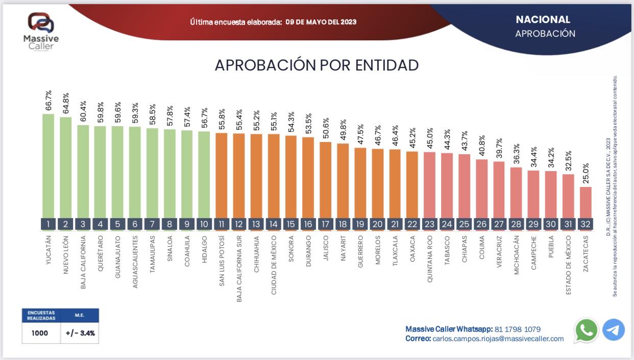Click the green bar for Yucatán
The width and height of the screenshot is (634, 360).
coord(48,166)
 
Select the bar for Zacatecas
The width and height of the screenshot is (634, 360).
coord(586,202)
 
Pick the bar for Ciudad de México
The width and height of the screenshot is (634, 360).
coord(274,176)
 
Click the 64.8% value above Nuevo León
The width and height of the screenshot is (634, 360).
coord(66,104)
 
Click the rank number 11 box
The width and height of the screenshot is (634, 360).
coord(222,224)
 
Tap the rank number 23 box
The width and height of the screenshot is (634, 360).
coord(430,224)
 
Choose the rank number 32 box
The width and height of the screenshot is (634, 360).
coord(586,224)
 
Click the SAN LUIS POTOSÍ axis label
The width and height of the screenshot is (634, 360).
coord(222,260)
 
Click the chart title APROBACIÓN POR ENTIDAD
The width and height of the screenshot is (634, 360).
coord(316,65)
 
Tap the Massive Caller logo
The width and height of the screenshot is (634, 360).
coord(41,31)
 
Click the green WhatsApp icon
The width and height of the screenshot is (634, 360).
coord(587,330)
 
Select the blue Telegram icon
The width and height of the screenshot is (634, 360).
coord(614,330)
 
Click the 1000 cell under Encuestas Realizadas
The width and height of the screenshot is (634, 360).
coord(39,333)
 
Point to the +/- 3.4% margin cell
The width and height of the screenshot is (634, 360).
coord(80,333)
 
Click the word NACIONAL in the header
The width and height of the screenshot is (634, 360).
coord(543,20)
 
